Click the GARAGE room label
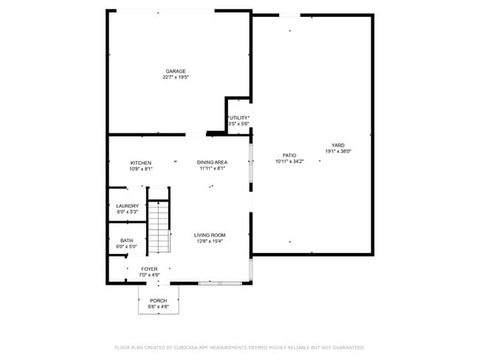[x=175, y=71]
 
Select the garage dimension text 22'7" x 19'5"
[x=175, y=77]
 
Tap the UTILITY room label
[x=239, y=117]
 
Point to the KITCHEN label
[x=141, y=162]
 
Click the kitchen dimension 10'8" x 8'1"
[x=141, y=168]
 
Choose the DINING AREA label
[x=212, y=162]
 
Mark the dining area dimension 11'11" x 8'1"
[x=212, y=168]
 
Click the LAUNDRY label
[x=127, y=206]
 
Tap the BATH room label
[x=127, y=240]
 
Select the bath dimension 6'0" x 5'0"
[x=127, y=246]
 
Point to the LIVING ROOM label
[x=210, y=235]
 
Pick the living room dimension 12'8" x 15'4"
[x=210, y=240]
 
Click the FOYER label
[x=150, y=269]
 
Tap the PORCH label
[x=158, y=300]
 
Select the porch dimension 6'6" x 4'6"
[x=158, y=306]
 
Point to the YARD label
[x=337, y=145]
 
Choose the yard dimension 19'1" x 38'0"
[x=337, y=150]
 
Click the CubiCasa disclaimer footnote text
[x=239, y=347]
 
